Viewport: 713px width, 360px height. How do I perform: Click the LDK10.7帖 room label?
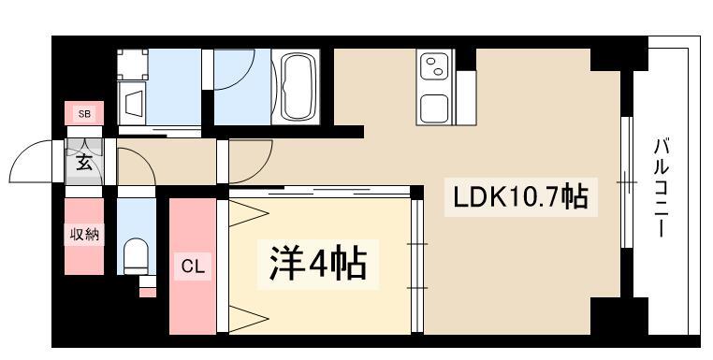[520, 197]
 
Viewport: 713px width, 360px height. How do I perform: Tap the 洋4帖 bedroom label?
[318, 264]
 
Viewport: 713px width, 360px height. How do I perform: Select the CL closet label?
[194, 266]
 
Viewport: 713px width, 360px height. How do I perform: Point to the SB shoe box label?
[84, 114]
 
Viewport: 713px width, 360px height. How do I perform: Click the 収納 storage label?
[84, 235]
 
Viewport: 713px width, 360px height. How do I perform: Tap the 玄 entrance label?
[84, 163]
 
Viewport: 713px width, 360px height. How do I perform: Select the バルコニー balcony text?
[662, 188]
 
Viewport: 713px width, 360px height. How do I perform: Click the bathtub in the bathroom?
[295, 87]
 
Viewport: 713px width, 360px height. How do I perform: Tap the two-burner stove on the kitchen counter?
[434, 65]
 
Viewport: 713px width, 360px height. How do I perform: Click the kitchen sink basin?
[434, 108]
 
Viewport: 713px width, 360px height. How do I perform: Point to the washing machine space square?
[132, 65]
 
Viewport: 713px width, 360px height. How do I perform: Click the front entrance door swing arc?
[23, 150]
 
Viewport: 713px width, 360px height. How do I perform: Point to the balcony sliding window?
[627, 182]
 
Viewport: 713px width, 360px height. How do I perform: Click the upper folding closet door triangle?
[248, 213]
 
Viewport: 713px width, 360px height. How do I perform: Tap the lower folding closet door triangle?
[248, 319]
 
